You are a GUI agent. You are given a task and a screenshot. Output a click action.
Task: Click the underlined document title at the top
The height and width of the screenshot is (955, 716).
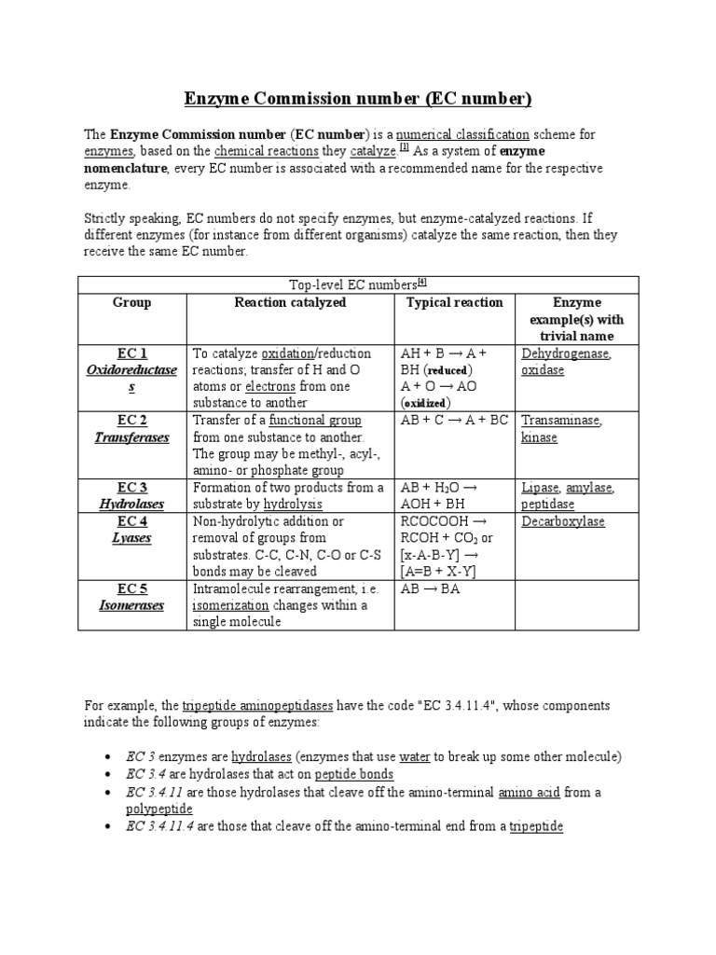click(357, 99)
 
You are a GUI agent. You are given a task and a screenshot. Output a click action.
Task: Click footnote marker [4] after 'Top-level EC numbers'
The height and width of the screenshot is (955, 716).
click(421, 283)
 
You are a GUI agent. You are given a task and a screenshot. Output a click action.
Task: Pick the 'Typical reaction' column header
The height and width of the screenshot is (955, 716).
click(454, 303)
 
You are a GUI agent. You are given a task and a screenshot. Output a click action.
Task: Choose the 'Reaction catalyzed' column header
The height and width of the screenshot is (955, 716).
click(290, 303)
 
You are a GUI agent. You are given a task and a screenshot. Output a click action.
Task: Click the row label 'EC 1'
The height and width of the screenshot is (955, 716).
click(131, 353)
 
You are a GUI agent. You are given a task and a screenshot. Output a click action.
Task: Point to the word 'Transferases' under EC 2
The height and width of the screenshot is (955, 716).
click(131, 437)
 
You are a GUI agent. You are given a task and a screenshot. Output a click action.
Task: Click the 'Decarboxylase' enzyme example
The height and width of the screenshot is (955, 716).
click(563, 521)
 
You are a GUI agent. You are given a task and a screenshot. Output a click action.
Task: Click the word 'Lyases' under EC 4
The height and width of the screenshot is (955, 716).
click(131, 538)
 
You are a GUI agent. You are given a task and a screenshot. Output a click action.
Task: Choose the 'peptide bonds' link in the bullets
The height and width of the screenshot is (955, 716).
click(353, 774)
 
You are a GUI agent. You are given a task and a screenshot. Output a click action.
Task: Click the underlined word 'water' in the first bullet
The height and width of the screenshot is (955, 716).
click(414, 756)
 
